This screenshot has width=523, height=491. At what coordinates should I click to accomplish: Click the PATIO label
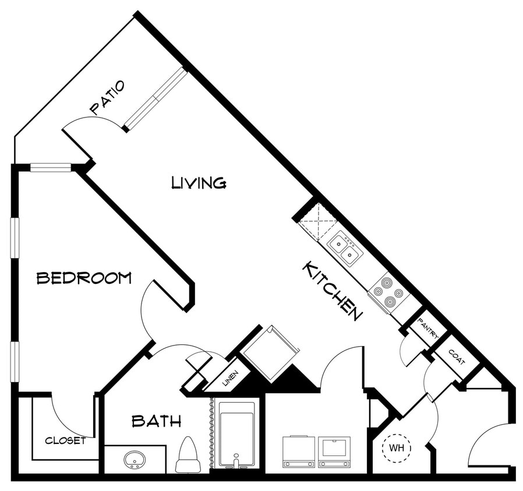[x=108, y=97]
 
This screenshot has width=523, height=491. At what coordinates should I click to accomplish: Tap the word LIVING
[x=199, y=183]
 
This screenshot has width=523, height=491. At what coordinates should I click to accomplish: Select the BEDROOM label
[x=84, y=278]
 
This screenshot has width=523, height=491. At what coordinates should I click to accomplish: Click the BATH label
[x=156, y=421]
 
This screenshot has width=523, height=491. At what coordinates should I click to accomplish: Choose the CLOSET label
[x=65, y=440]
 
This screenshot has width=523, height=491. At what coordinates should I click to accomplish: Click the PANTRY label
[x=428, y=329]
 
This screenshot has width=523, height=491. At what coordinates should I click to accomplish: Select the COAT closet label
[x=457, y=357]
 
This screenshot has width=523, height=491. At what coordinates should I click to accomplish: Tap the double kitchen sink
[x=345, y=248]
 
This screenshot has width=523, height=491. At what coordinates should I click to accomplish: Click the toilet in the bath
[x=188, y=456]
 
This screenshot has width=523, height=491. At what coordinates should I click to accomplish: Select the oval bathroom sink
[x=135, y=460]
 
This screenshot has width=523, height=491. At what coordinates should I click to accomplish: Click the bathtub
[x=236, y=433]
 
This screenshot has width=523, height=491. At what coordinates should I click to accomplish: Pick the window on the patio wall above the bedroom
[x=50, y=168]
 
